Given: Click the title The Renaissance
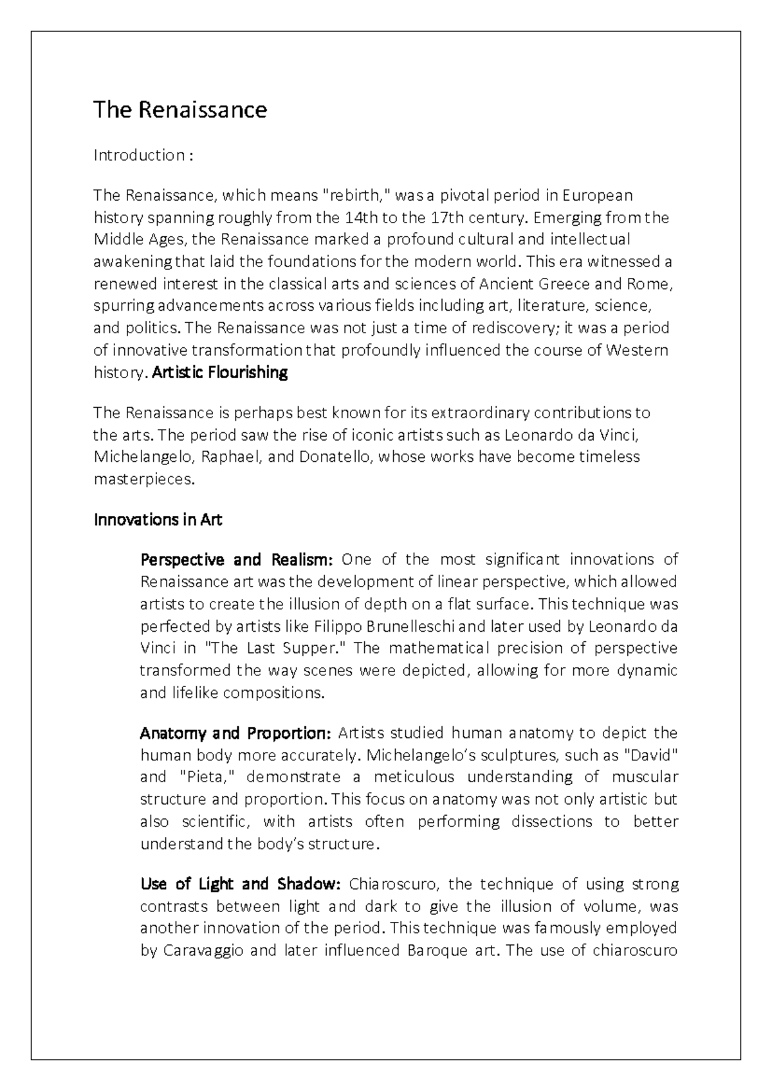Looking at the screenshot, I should click(179, 110).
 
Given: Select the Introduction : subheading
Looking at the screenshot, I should click(143, 155).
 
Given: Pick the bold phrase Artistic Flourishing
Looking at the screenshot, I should click(219, 372).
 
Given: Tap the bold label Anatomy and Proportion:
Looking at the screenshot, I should click(235, 733).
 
